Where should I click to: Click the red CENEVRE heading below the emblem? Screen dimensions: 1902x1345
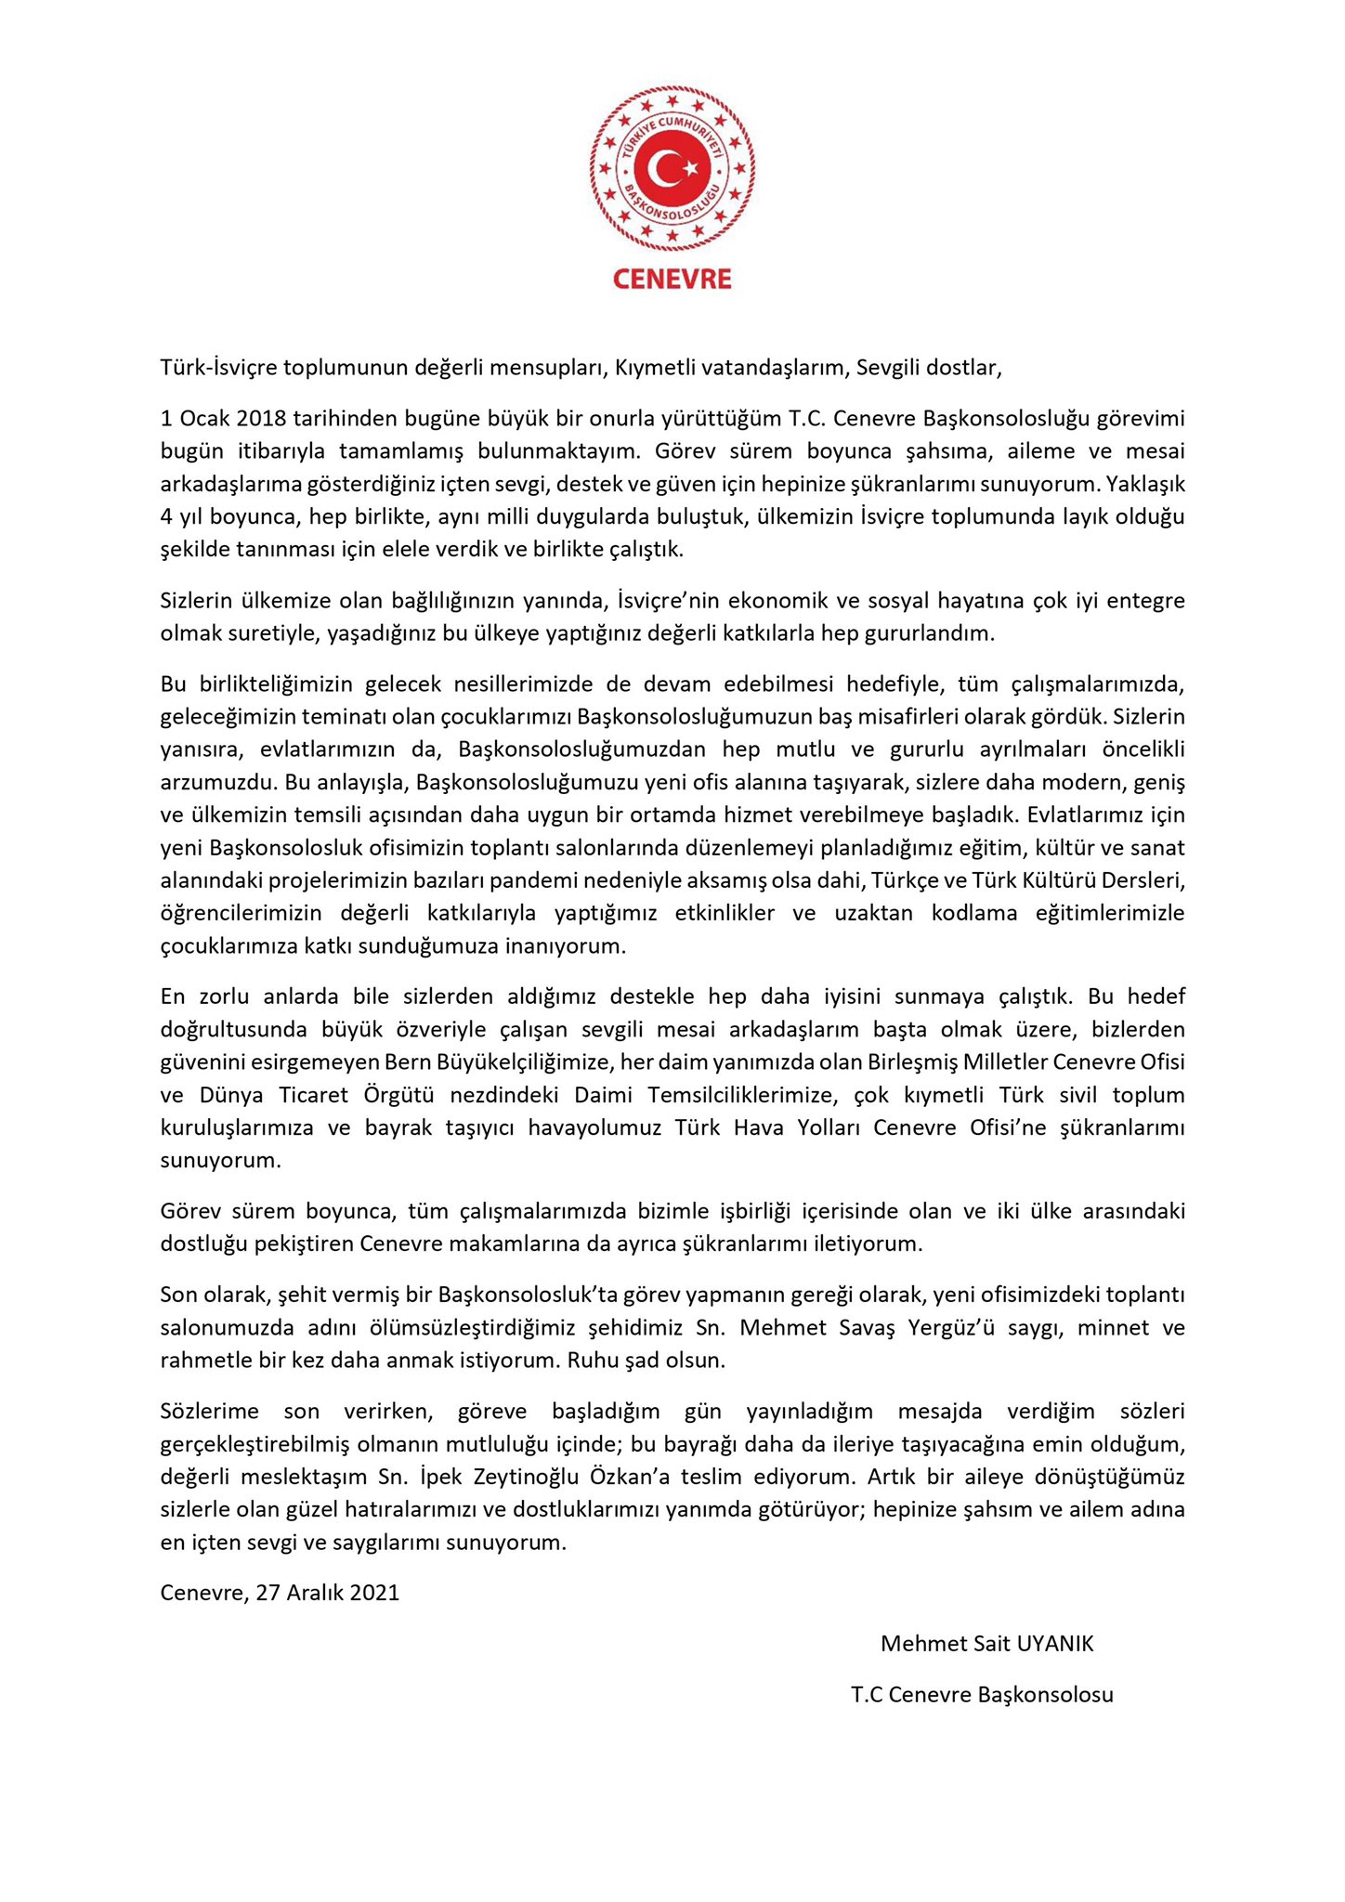(x=672, y=280)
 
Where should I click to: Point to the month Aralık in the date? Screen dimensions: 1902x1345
(x=315, y=1593)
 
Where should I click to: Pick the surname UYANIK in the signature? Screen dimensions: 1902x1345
(x=1055, y=1644)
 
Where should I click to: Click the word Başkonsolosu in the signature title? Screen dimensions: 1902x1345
(x=1046, y=1695)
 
